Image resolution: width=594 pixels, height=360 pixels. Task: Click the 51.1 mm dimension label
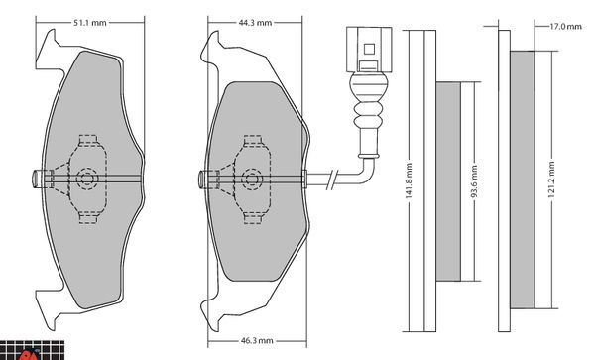pyautogui.click(x=90, y=23)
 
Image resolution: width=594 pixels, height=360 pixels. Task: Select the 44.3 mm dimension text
pyautogui.click(x=255, y=23)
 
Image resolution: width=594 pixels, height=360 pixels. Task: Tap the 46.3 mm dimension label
pyautogui.click(x=257, y=341)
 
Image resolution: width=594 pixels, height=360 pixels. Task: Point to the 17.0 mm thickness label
pyautogui.click(x=565, y=26)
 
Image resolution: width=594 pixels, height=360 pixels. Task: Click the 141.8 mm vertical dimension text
pyautogui.click(x=409, y=181)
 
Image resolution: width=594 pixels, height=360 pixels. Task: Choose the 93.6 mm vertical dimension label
pyautogui.click(x=474, y=181)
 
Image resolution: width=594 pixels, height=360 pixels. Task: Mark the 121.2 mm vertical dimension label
pyautogui.click(x=551, y=180)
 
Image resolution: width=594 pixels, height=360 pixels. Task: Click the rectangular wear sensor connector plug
pyautogui.click(x=369, y=50)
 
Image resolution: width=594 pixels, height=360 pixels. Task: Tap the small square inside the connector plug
pyautogui.click(x=369, y=49)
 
